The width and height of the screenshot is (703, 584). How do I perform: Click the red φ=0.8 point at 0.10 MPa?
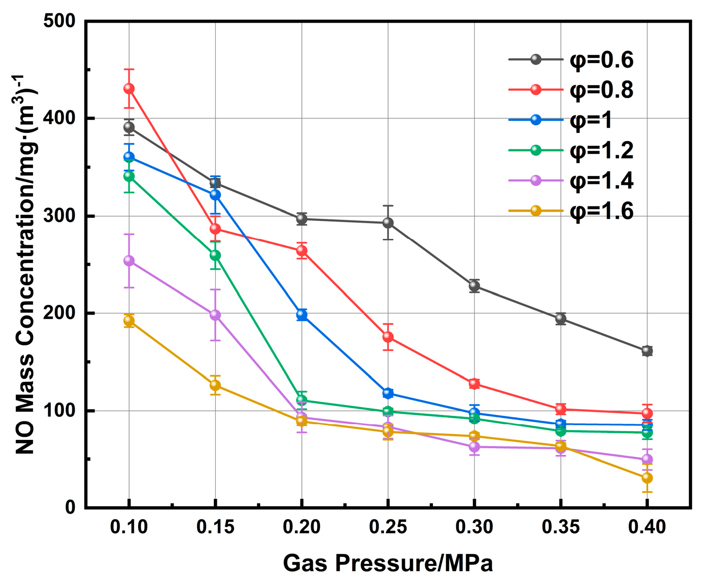tap(129, 88)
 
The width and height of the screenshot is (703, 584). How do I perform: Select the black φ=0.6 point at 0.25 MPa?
tap(388, 223)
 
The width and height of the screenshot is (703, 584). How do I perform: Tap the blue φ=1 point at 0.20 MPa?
tap(301, 315)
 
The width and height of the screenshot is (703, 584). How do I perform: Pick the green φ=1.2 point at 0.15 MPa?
tap(215, 255)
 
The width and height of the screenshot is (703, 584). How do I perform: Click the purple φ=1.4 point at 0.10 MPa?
tap(129, 261)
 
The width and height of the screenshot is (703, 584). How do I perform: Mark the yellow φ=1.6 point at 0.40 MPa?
tap(647, 477)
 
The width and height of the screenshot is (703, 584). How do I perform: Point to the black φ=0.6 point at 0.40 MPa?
tap(647, 350)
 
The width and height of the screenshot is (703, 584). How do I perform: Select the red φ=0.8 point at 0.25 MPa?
tap(388, 337)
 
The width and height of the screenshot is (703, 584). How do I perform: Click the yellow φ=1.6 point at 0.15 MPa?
tap(215, 385)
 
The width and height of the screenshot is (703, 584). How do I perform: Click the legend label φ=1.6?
tap(601, 211)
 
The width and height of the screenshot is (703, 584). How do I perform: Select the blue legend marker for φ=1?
tap(536, 119)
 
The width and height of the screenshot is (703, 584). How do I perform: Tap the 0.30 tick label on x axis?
tap(474, 527)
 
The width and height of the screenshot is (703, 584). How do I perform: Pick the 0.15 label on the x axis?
tap(215, 527)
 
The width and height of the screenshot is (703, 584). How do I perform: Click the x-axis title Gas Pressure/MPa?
tap(388, 563)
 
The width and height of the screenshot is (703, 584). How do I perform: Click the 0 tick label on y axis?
tap(70, 507)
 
